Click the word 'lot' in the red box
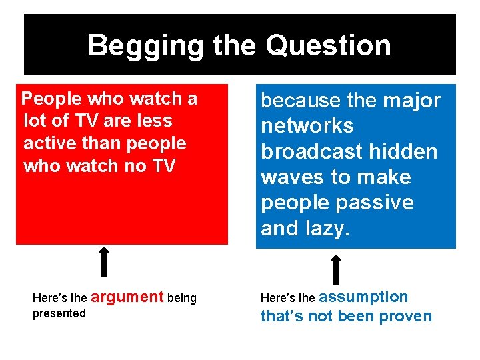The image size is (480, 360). click(35, 121)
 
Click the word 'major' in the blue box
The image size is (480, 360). click(413, 101)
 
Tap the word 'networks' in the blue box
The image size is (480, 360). click(307, 126)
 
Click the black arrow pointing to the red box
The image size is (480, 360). click(104, 262)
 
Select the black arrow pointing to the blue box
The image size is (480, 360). click(336, 270)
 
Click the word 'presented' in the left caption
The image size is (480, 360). click(59, 313)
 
